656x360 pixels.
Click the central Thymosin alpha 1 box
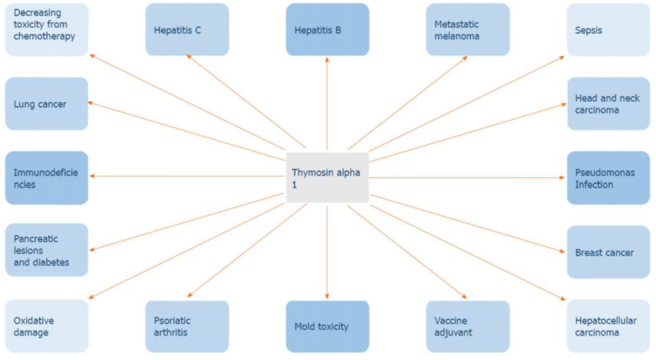coord(327,177)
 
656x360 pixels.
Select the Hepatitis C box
coord(187,29)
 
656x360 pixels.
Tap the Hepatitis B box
coord(327,29)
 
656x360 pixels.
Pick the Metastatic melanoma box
coord(468,29)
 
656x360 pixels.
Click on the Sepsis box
coord(609,29)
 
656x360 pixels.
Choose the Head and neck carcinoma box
coord(609,104)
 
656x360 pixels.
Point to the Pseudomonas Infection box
coord(609,178)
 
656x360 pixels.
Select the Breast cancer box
coord(609,252)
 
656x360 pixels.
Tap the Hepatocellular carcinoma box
coord(609,326)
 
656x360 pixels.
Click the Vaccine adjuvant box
coord(468,326)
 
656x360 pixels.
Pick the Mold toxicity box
coord(327,326)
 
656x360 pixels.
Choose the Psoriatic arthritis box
coord(187,326)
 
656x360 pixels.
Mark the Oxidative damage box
coord(47,326)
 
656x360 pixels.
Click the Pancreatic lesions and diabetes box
coord(47,250)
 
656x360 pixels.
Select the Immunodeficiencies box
coord(47,178)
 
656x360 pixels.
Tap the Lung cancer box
coord(47,104)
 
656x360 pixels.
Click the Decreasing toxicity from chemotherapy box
coord(47,29)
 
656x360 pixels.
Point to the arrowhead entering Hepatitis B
coord(327,60)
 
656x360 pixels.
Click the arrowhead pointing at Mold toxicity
coord(327,297)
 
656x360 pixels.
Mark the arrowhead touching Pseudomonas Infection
coord(562,177)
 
